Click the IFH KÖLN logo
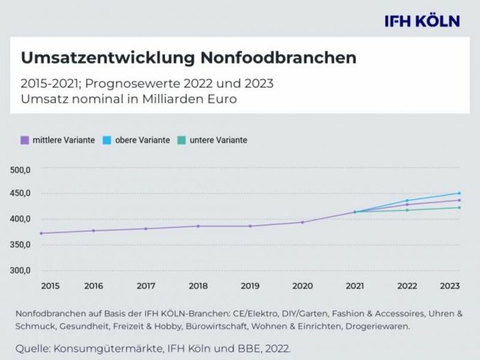422,21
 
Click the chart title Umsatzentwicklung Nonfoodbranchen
188,58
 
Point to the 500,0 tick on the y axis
19,170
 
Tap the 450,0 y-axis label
19,194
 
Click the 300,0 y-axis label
19,270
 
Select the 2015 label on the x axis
50,286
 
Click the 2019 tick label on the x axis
250,286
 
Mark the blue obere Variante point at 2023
459,193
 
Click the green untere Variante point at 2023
459,208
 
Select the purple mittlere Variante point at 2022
407,205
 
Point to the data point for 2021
354,212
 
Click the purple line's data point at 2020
302,222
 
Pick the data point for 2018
198,226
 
